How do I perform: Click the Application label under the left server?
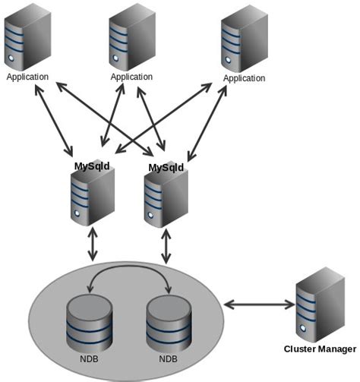tap(27, 77)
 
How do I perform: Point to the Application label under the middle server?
tap(131, 77)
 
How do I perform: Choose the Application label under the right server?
tap(245, 78)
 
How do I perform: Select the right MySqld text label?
tap(166, 167)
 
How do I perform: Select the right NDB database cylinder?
tap(169, 323)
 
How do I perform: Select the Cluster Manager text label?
tap(319, 349)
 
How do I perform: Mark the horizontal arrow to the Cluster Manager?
tap(259, 305)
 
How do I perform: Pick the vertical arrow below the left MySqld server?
tap(93, 244)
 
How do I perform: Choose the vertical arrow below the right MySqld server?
tap(166, 247)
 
